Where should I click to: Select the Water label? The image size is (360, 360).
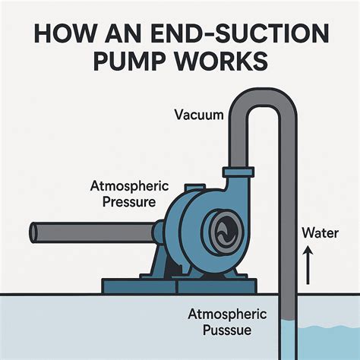click(319, 232)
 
